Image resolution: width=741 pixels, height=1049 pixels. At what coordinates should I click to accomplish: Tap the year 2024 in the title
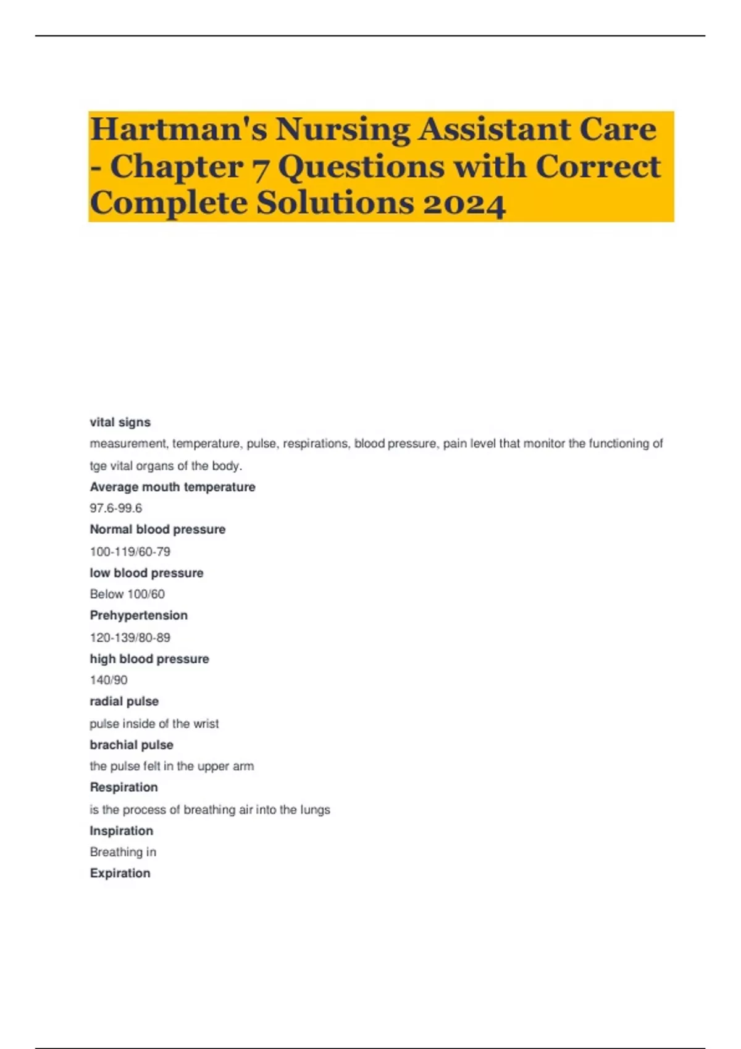pyautogui.click(x=464, y=204)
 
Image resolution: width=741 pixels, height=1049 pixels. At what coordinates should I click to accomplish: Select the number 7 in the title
pyautogui.click(x=260, y=168)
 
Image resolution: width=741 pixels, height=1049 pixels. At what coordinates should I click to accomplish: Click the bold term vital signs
pyautogui.click(x=120, y=422)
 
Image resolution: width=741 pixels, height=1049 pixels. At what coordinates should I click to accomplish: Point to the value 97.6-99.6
pyautogui.click(x=115, y=508)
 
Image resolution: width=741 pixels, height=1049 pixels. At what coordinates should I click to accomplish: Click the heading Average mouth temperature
pyautogui.click(x=172, y=487)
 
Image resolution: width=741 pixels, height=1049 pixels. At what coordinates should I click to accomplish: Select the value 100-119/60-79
pyautogui.click(x=130, y=551)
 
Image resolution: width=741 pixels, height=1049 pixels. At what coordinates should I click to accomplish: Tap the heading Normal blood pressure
pyautogui.click(x=157, y=529)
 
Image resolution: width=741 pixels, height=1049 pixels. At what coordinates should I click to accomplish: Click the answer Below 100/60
pyautogui.click(x=127, y=594)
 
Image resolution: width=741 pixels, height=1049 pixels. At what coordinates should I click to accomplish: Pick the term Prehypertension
pyautogui.click(x=138, y=615)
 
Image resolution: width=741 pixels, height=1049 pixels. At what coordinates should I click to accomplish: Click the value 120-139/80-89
pyautogui.click(x=130, y=637)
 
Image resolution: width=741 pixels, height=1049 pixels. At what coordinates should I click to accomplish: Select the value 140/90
pyautogui.click(x=109, y=680)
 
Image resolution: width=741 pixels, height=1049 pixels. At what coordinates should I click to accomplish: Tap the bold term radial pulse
pyautogui.click(x=124, y=702)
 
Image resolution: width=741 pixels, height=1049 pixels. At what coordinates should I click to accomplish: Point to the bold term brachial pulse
pyautogui.click(x=132, y=745)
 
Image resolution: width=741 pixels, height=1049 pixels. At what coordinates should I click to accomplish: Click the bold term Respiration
pyautogui.click(x=124, y=787)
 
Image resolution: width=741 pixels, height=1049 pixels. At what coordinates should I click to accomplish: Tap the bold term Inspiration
pyautogui.click(x=121, y=831)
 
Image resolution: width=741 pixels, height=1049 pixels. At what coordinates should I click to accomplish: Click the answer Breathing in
pyautogui.click(x=123, y=852)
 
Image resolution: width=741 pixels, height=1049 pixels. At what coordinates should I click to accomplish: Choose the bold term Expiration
pyautogui.click(x=120, y=873)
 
